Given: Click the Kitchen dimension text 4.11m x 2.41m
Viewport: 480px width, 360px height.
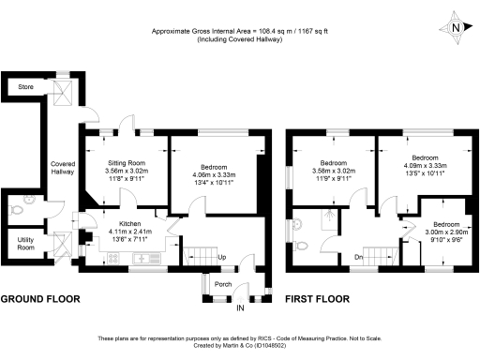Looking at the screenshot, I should point(124,232).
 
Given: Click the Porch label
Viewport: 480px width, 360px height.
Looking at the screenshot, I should point(223,284).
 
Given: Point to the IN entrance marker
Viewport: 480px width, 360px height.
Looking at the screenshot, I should point(239,307).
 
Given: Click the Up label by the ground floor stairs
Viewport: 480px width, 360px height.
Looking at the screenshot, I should point(221,257).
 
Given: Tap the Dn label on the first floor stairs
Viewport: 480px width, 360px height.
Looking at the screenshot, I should point(358,256).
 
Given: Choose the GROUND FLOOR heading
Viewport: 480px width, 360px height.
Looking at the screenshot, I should point(39,300).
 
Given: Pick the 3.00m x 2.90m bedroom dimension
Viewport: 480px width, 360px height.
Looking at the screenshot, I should point(445,232).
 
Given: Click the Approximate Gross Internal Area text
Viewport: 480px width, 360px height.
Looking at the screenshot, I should point(240,31).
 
